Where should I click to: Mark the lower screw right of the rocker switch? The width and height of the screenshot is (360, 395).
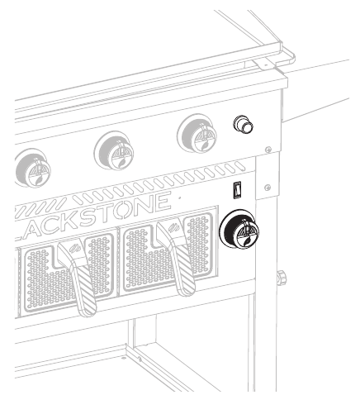pos(267,188)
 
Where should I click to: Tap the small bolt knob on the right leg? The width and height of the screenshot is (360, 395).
pos(282,276)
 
